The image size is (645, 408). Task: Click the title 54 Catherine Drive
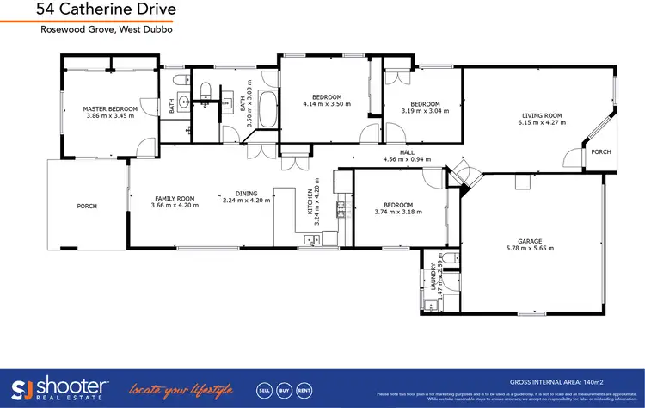[107, 9]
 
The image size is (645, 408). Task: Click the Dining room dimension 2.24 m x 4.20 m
[246, 200]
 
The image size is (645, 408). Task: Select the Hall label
[396, 152]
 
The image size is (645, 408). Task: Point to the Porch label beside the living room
[600, 152]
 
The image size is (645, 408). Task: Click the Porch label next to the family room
[87, 207]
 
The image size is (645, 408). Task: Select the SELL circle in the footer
[265, 388]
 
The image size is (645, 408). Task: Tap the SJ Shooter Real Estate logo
[60, 387]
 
